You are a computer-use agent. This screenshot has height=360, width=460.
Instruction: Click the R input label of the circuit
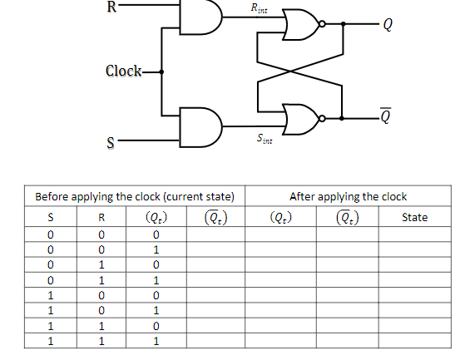click(x=112, y=9)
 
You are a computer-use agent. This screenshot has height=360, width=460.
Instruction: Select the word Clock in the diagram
click(x=123, y=71)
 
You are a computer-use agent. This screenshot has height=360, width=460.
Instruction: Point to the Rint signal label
click(x=260, y=9)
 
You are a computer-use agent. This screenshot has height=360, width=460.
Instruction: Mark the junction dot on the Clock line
click(x=161, y=72)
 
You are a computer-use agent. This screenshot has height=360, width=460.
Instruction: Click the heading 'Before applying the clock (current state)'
click(x=134, y=197)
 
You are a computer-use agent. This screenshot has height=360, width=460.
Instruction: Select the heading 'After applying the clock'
click(x=348, y=197)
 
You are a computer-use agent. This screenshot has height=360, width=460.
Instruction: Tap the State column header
click(x=414, y=217)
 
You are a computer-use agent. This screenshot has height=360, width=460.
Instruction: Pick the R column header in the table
click(x=101, y=217)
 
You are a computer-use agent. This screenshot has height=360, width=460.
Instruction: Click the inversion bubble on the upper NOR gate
click(x=321, y=24)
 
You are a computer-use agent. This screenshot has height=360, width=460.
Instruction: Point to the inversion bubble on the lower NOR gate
click(x=321, y=117)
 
